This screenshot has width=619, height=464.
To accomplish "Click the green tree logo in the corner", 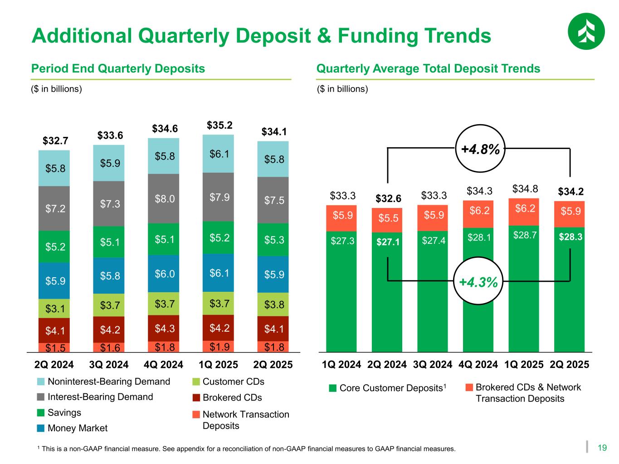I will tap(586, 31).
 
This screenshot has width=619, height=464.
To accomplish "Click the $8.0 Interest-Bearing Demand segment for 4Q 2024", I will tap(164, 198).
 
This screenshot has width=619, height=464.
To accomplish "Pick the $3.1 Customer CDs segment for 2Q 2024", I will tap(54, 309).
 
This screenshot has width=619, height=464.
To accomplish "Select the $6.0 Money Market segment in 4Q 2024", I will tap(164, 274).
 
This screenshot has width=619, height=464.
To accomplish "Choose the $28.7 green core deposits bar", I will tap(524, 288).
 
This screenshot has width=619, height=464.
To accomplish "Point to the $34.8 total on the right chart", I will tap(524, 188).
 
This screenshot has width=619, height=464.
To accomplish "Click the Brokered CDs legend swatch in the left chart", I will tap(196, 398).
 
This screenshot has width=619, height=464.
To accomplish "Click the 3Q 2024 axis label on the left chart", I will tap(109, 365).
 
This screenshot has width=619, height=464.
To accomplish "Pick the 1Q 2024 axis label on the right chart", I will tap(341, 365).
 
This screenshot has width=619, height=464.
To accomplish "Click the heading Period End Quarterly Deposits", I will tap(118, 69).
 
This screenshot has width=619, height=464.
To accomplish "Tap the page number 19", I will tap(602, 448).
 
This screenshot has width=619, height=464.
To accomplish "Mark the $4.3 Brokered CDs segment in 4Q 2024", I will tap(164, 328).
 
